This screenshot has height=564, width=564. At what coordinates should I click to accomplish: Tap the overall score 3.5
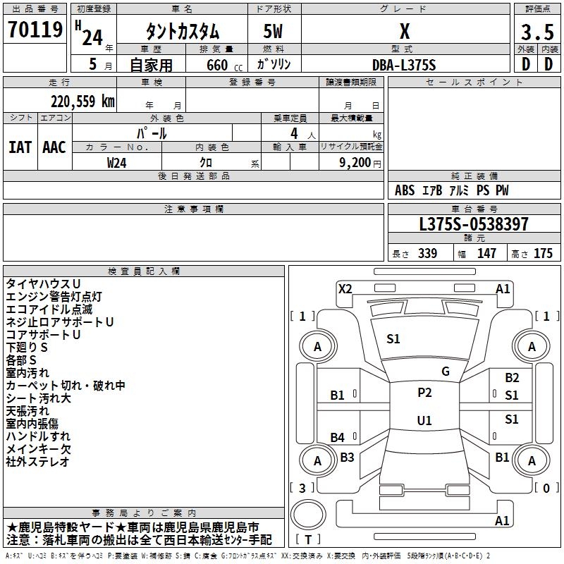click(x=537, y=32)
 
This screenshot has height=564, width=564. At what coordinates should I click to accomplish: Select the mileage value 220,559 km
click(x=82, y=102)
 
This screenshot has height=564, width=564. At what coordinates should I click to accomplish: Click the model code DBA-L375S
click(x=404, y=64)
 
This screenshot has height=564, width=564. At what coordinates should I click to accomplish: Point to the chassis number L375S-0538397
click(x=473, y=225)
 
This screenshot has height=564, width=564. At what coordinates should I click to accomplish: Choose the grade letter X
click(x=405, y=32)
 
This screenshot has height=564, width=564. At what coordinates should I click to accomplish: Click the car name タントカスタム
click(x=182, y=32)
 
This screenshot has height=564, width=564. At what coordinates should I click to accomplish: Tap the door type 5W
click(x=275, y=32)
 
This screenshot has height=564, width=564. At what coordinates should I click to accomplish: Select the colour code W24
click(x=117, y=162)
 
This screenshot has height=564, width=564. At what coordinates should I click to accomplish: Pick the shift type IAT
click(x=20, y=147)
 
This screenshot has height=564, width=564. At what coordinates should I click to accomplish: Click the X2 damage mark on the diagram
click(x=345, y=288)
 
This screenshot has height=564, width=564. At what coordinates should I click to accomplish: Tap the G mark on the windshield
click(x=446, y=372)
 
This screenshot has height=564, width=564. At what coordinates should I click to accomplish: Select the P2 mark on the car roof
click(x=424, y=393)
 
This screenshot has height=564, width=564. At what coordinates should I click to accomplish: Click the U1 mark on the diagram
click(x=424, y=420)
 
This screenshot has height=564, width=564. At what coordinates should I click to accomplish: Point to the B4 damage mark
click(x=338, y=438)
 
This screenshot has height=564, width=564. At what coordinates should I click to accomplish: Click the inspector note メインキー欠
click(x=38, y=449)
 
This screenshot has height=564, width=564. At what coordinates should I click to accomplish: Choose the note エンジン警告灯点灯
click(x=54, y=297)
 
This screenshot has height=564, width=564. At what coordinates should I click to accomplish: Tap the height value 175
click(x=543, y=254)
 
